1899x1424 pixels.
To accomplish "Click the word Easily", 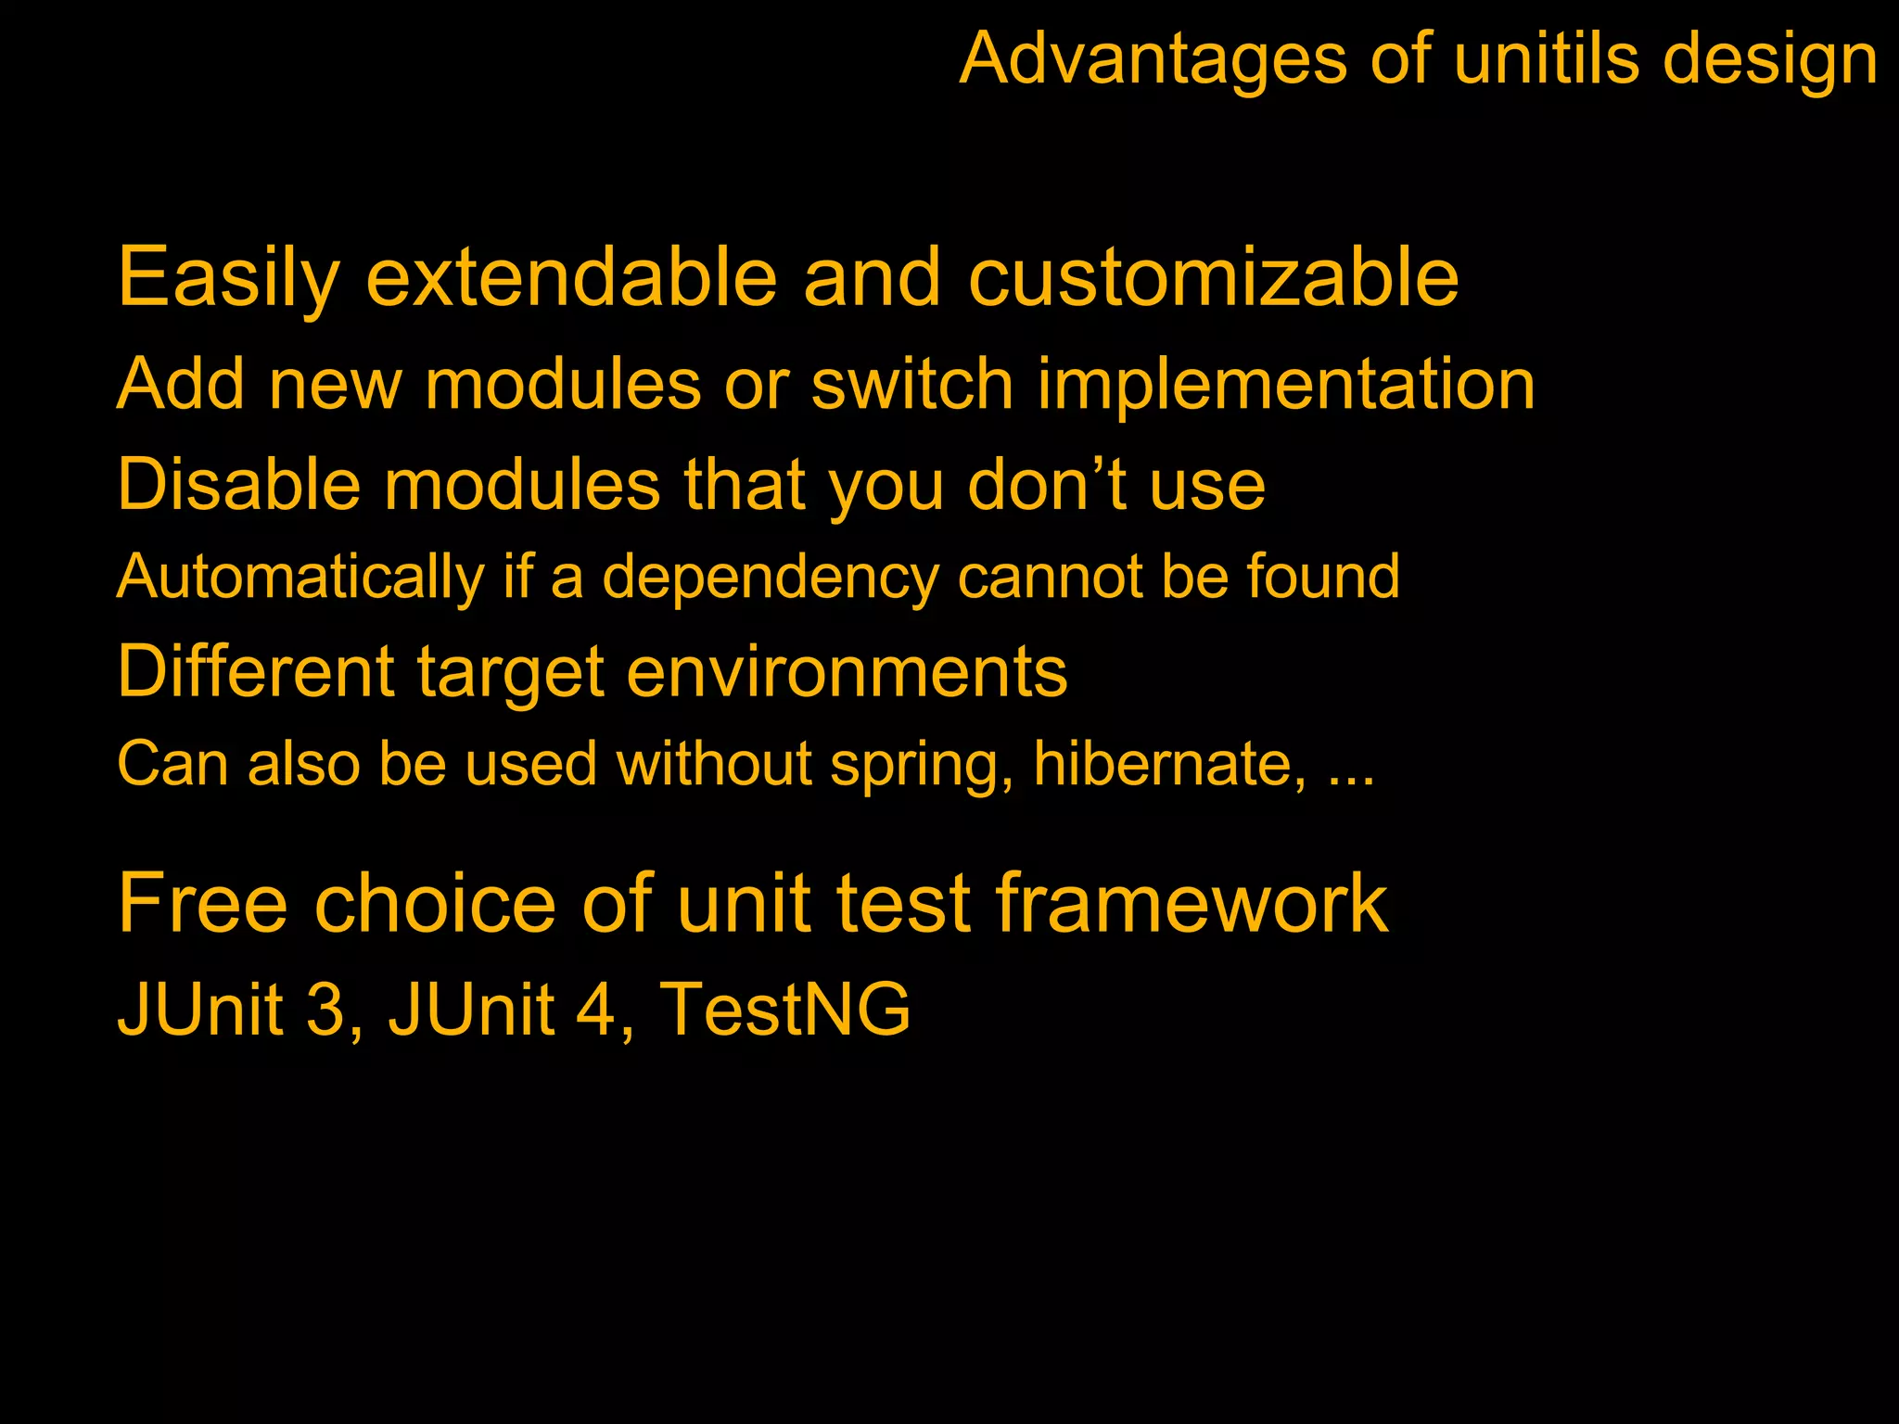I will (x=228, y=278).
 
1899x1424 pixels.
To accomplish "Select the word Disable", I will (x=238, y=484).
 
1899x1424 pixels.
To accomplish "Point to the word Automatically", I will (x=300, y=577).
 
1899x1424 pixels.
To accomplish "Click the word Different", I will (x=256, y=671).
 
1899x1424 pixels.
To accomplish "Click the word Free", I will (x=203, y=903).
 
